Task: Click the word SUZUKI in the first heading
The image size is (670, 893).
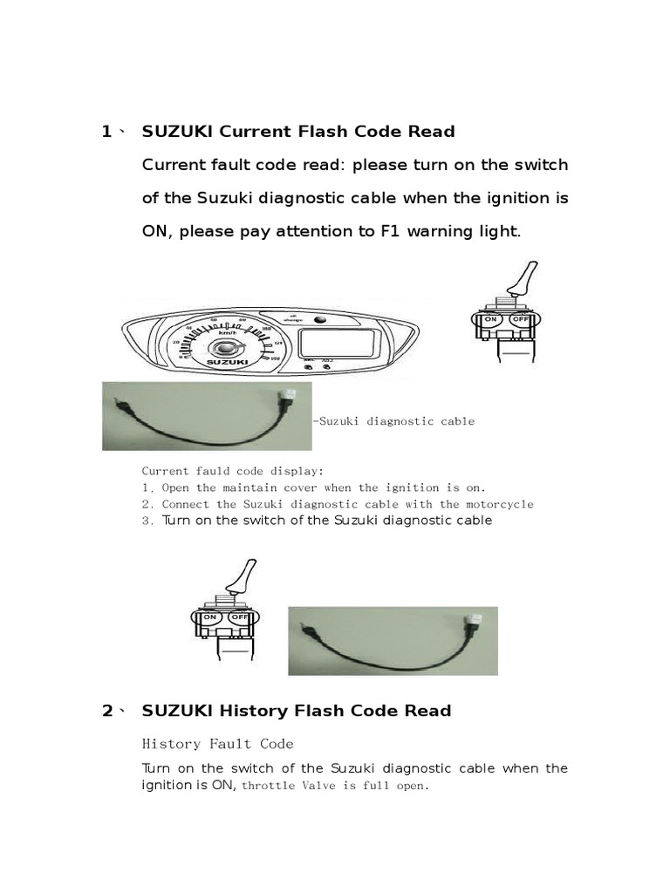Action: click(x=178, y=132)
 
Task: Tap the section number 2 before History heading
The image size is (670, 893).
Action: click(x=107, y=711)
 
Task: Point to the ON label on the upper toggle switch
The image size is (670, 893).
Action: click(x=491, y=319)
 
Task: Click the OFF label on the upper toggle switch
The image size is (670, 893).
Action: click(x=520, y=319)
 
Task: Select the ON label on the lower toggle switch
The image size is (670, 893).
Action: click(x=210, y=617)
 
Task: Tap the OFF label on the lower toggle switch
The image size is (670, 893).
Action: click(x=239, y=617)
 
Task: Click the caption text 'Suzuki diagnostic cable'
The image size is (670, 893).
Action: click(x=396, y=421)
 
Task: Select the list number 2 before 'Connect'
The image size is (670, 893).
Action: click(x=147, y=504)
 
